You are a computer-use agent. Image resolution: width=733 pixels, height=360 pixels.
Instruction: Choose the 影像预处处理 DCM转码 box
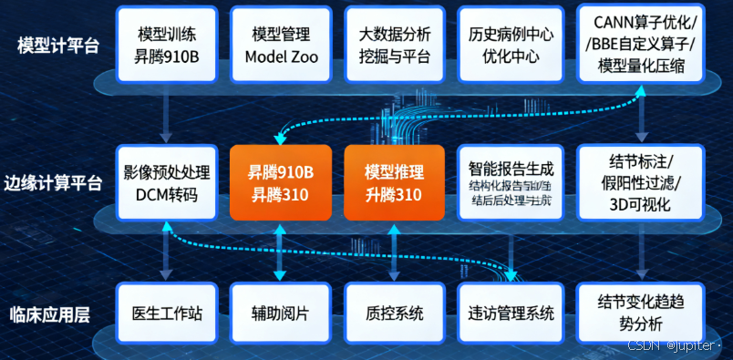[167, 181]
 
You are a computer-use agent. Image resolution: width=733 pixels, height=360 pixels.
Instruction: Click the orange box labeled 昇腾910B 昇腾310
[281, 182]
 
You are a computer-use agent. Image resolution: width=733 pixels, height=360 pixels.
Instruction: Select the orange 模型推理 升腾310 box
[394, 182]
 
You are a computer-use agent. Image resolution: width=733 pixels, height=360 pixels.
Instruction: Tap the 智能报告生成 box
[508, 182]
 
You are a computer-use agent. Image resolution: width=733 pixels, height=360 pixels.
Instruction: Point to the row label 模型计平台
[57, 45]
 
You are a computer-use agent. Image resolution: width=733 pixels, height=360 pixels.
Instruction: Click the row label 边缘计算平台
[57, 181]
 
